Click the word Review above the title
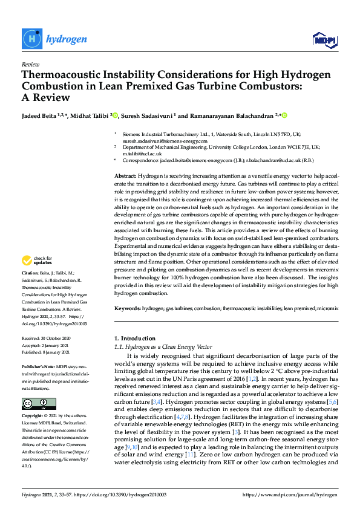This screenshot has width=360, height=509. coord(30,64)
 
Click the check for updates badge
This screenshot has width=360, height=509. coord(37,261)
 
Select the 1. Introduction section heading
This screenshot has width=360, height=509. coord(134,337)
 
